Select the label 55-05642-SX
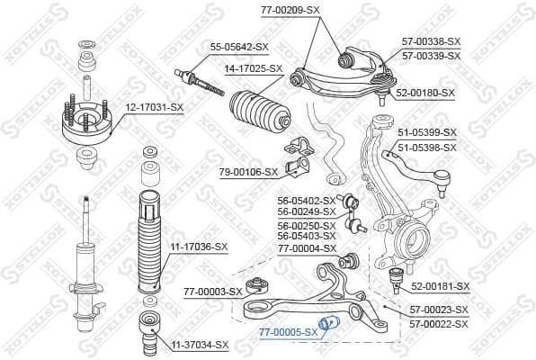240,46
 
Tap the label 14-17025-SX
253,68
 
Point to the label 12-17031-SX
154,108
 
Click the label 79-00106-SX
247,172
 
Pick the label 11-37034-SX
200,345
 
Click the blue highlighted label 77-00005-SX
288,332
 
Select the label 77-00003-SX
212,291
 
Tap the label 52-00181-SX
441,286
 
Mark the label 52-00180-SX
425,93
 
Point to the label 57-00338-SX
431,41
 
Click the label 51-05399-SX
427,133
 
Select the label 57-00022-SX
440,322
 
